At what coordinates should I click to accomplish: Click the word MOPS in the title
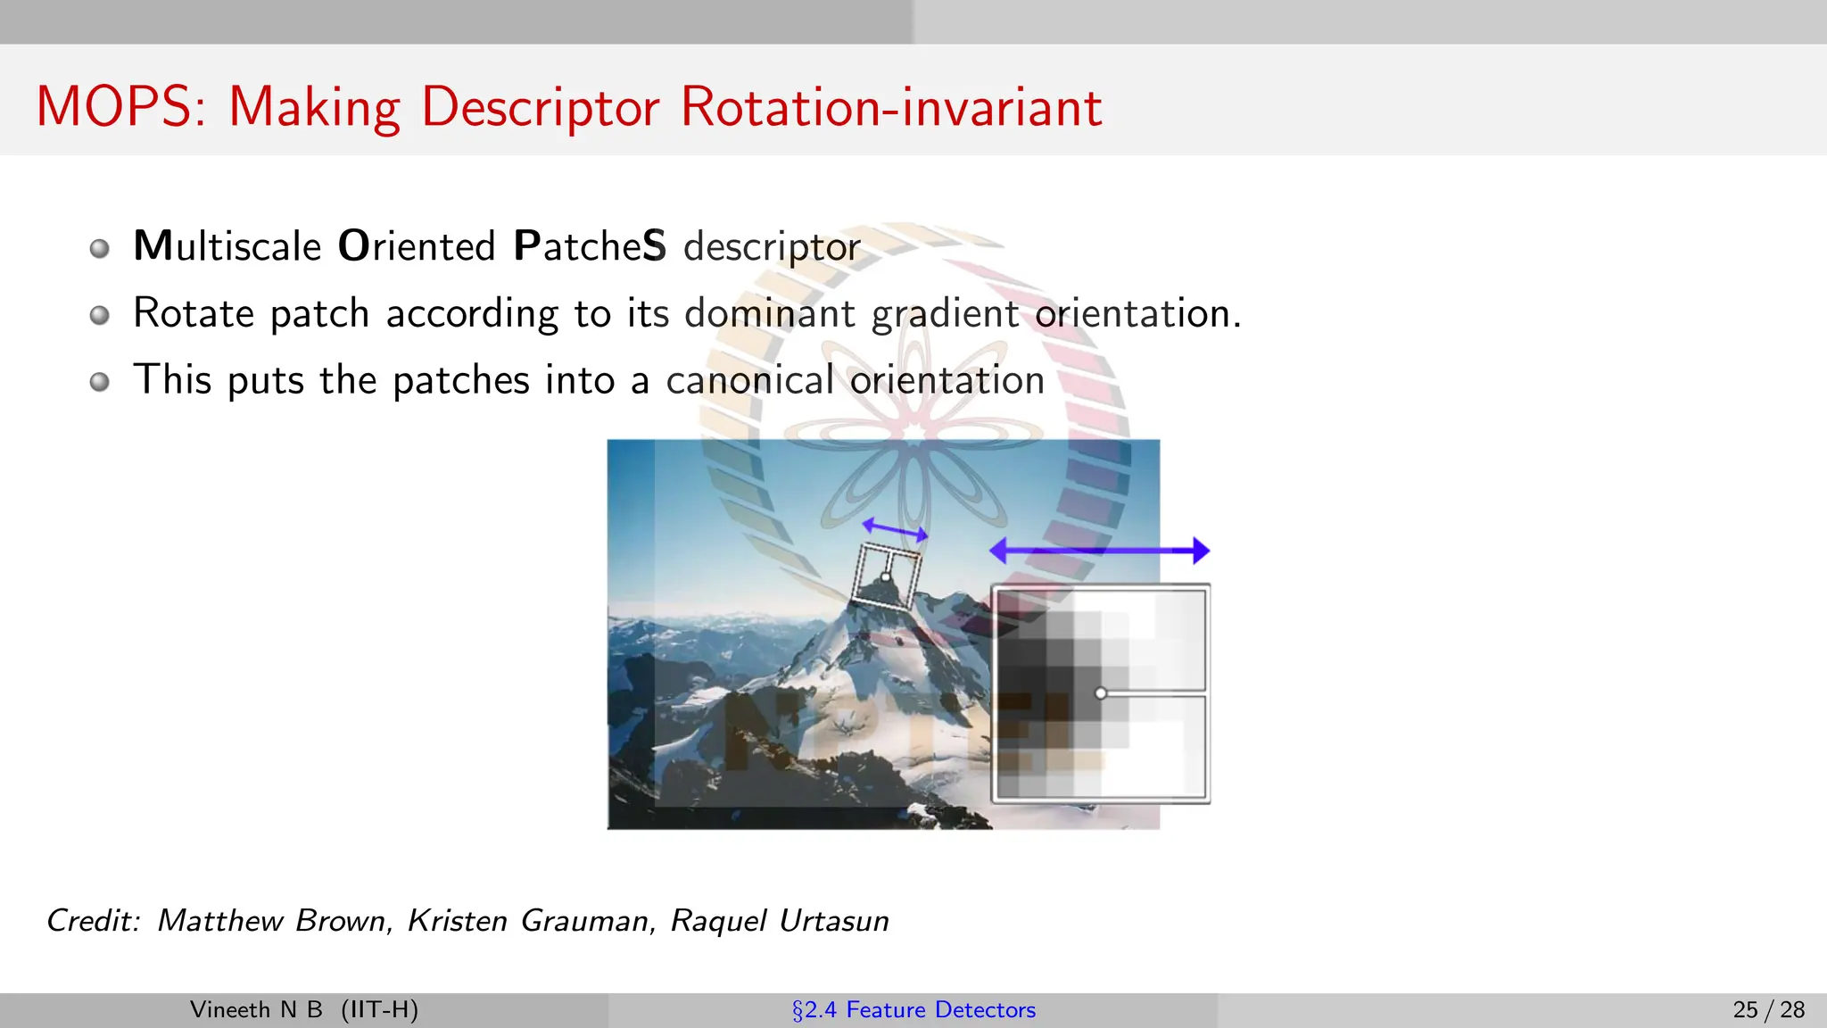113,107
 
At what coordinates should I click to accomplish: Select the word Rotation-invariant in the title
890,107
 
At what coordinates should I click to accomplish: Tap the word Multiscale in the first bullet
227,246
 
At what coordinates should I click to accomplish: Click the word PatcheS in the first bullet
590,246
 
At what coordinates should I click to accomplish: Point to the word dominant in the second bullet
769,313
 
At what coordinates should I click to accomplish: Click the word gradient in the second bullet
945,313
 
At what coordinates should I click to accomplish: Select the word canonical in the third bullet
749,380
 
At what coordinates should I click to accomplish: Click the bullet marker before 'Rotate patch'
100,315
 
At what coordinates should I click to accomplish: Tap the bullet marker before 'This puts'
100,382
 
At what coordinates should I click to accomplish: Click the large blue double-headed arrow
1100,551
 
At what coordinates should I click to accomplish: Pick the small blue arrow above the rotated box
895,530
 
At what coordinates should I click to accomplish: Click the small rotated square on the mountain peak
886,576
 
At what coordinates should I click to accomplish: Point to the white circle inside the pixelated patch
1101,693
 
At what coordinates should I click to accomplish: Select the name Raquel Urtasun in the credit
780,920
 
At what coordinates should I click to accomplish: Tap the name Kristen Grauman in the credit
530,920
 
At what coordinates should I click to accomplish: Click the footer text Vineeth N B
256,1009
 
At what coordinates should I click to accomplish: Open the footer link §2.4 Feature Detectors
913,1009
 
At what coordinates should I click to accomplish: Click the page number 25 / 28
1768,1009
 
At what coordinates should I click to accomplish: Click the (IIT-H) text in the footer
379,1009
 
